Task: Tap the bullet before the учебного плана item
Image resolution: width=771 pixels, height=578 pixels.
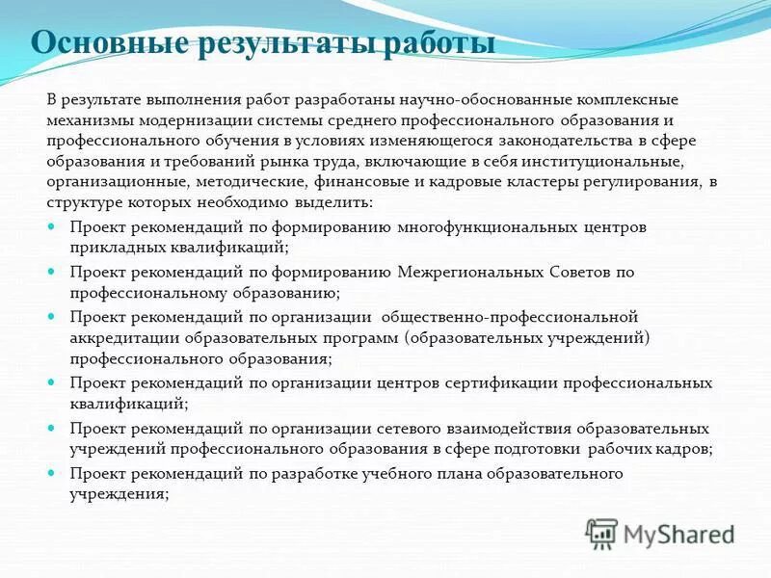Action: coord(52,473)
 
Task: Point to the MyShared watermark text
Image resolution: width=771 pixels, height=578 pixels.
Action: coord(678,534)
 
